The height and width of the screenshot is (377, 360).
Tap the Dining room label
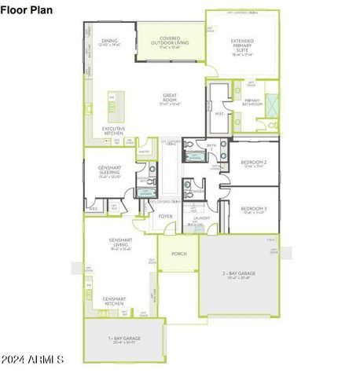coord(109,42)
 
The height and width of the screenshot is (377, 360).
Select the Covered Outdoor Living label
coord(170,42)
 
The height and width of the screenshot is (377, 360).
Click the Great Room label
coord(170,99)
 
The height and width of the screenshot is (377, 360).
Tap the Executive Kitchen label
coord(113,133)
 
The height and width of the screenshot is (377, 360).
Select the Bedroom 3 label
coord(254,210)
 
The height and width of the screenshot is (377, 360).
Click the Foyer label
coord(165,216)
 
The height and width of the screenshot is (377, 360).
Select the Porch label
coord(178,254)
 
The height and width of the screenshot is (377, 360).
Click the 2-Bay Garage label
coord(239,275)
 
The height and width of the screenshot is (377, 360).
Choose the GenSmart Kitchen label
coord(114,301)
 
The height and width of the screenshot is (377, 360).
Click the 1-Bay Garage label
coord(124,339)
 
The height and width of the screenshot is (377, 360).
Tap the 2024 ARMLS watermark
coord(32,359)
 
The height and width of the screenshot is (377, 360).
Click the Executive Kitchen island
coord(112,103)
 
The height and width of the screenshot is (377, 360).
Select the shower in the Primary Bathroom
coord(271,103)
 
